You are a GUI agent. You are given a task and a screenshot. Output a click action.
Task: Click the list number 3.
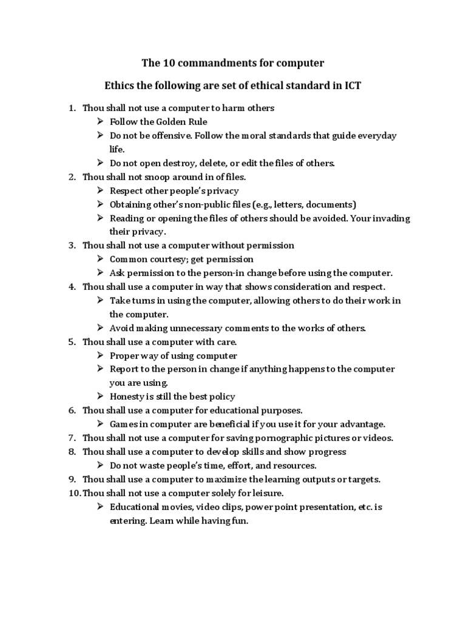[x=71, y=246]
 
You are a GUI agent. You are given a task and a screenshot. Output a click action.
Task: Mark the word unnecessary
[x=198, y=328]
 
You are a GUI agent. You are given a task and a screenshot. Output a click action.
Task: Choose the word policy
[x=220, y=397]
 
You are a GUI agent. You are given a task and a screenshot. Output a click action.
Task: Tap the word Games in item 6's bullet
[x=123, y=424]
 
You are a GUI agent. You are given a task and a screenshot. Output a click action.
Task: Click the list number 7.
[x=71, y=438]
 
